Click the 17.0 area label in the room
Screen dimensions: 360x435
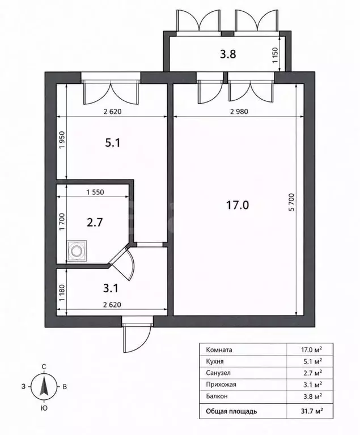click(x=238, y=205)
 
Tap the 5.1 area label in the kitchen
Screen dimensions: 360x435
click(x=112, y=143)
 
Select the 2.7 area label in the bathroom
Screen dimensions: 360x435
click(x=95, y=223)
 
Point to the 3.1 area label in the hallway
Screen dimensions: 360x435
click(x=111, y=288)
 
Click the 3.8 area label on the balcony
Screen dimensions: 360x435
click(x=228, y=54)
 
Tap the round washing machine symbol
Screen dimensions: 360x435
click(x=77, y=251)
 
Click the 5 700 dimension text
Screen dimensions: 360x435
click(x=291, y=202)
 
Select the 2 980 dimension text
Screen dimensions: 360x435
click(x=239, y=112)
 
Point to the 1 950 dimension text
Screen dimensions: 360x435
click(x=62, y=139)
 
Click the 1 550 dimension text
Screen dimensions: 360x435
click(x=95, y=192)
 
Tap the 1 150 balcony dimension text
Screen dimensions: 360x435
click(x=275, y=56)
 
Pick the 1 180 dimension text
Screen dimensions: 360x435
click(x=62, y=293)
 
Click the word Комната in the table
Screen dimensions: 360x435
click(x=219, y=350)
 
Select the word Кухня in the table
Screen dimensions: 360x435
click(x=215, y=361)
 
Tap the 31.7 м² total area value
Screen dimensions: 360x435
click(x=312, y=411)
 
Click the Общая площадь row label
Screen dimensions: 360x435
click(x=231, y=411)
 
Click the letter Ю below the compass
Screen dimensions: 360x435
click(x=44, y=408)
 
